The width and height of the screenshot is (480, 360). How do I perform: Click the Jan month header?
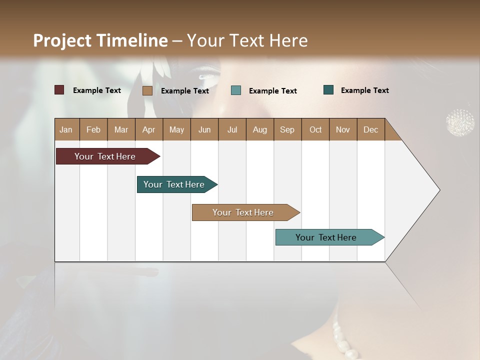click(66, 129)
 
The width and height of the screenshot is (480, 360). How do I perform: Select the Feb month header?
click(93, 129)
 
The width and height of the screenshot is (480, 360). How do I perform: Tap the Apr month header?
click(148, 129)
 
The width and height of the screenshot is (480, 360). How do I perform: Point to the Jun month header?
click(204, 129)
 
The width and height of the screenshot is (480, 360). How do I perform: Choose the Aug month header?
click(259, 129)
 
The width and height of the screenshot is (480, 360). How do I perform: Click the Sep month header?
click(287, 129)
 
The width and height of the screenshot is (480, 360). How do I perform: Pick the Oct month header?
click(315, 129)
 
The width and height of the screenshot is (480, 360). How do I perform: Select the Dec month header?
click(370, 129)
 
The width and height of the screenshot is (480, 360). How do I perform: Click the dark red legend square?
click(59, 90)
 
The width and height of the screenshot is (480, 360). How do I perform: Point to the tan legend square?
click(147, 90)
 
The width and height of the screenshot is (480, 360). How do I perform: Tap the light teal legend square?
click(236, 90)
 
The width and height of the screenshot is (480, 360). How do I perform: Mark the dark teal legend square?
click(328, 90)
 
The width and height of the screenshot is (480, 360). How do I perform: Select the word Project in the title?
click(62, 41)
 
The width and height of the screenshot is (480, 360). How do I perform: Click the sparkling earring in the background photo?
click(460, 122)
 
